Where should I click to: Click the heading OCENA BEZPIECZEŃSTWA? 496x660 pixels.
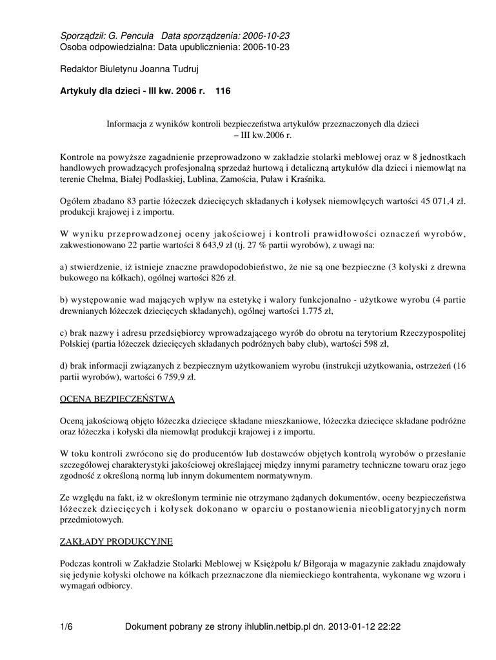tap(117, 399)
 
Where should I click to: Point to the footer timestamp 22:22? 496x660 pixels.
tap(394, 626)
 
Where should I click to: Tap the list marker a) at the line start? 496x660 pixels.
tap(64, 267)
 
